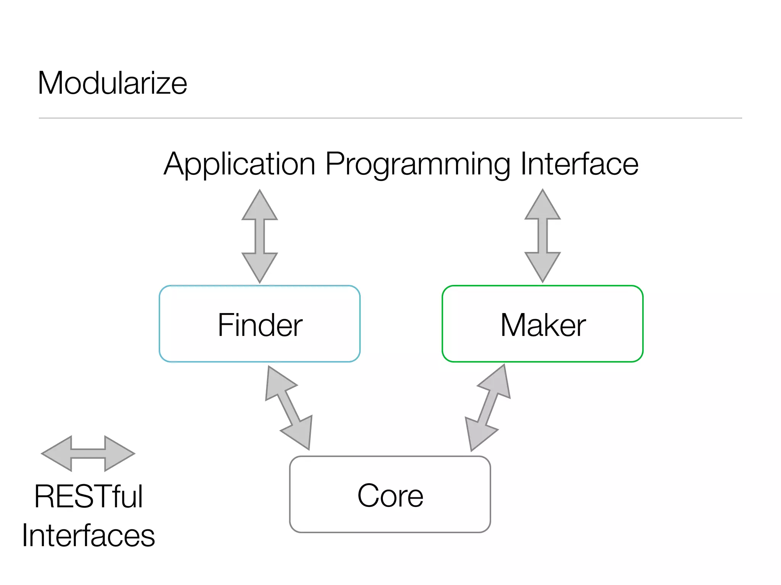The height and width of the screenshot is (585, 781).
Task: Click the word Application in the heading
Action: (x=239, y=164)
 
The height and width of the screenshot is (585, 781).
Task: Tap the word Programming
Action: (x=417, y=164)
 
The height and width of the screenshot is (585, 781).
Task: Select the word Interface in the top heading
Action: (x=579, y=164)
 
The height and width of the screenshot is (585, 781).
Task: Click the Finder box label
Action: (x=260, y=325)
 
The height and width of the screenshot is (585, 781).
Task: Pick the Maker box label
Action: (x=543, y=325)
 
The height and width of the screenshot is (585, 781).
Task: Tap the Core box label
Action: (x=390, y=495)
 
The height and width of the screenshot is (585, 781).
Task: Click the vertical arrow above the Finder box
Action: (x=260, y=236)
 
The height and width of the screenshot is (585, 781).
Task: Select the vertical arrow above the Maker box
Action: (x=542, y=236)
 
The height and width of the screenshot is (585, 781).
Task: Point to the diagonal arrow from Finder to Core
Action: (x=289, y=408)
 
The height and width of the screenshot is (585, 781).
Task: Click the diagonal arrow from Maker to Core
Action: (x=488, y=408)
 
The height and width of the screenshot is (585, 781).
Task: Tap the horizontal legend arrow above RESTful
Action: (x=88, y=454)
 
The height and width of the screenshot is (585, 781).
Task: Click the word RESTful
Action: (x=88, y=497)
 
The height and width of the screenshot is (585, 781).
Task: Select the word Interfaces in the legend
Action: (x=88, y=535)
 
